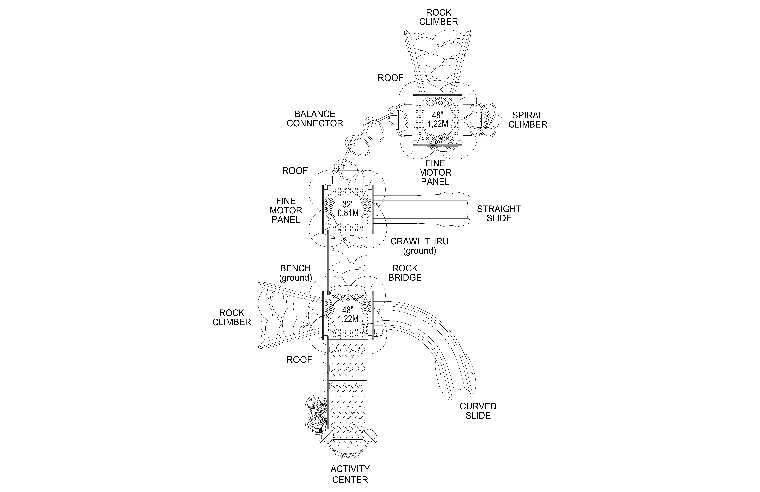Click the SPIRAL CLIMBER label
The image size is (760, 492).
click(528, 120)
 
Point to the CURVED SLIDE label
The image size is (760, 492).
click(478, 411)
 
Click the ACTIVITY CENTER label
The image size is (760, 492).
click(350, 474)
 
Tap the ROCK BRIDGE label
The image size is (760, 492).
click(405, 273)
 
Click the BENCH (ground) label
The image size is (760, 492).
click(295, 273)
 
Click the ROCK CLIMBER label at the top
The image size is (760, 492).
click(438, 17)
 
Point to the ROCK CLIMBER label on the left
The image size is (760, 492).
click(232, 318)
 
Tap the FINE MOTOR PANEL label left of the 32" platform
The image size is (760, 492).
click(286, 210)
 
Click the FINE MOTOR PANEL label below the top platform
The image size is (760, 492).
click(435, 173)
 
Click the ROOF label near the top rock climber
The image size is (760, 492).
click(391, 78)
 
